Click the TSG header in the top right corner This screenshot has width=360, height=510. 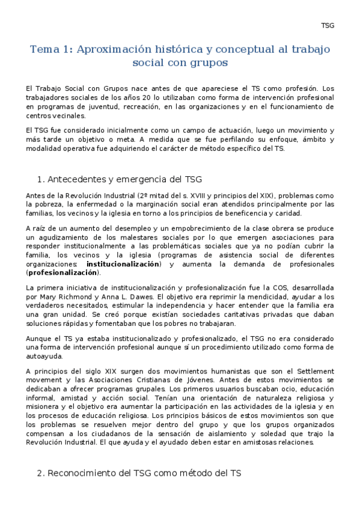[327, 25]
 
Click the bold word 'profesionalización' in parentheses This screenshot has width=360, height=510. [64, 272]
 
